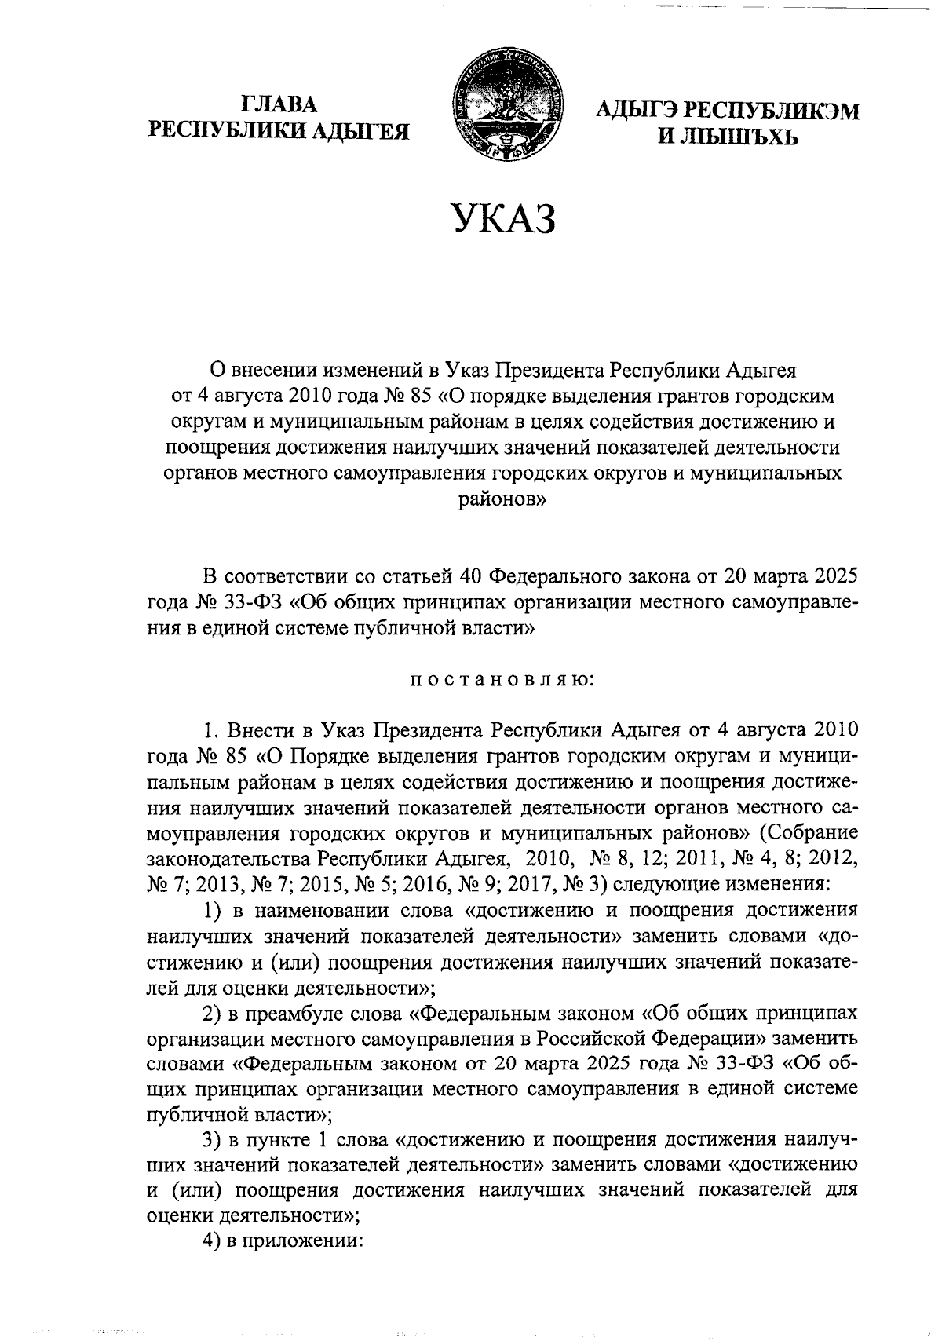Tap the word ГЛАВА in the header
[x=279, y=104]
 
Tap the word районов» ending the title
[x=502, y=499]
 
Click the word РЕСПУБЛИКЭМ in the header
[x=769, y=111]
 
